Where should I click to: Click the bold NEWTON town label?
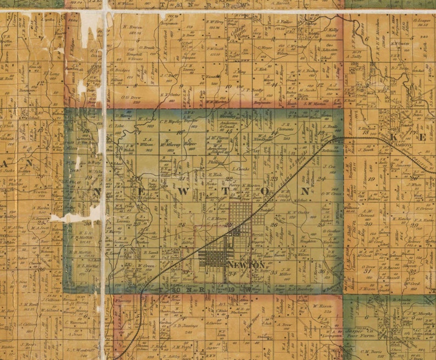[238, 265]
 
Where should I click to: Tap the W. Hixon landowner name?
[323, 306]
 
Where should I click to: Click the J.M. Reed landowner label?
[27, 304]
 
